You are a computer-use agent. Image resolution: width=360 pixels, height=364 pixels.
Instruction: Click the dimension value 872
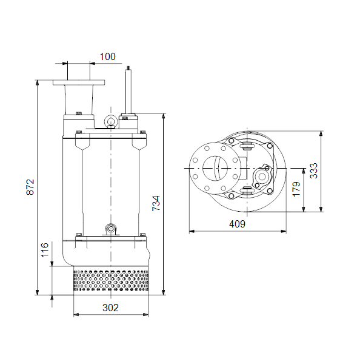[x=30, y=187]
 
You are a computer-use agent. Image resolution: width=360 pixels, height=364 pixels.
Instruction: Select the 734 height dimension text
[x=156, y=203]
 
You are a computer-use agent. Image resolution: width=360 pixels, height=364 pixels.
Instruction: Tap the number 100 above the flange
[x=107, y=56]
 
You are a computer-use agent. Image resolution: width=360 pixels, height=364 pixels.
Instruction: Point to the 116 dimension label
[x=45, y=250]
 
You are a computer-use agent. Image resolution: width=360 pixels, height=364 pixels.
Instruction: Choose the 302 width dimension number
[x=110, y=308]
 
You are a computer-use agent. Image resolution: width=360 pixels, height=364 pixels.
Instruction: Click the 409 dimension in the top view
[x=237, y=224]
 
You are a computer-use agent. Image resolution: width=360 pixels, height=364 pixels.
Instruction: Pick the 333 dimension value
[x=313, y=170]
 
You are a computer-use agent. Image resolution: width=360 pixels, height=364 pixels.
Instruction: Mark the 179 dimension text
[x=296, y=189]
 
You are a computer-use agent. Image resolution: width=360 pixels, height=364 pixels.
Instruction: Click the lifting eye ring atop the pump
[x=111, y=121]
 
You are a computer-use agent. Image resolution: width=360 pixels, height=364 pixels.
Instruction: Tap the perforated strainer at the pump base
[x=111, y=281]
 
